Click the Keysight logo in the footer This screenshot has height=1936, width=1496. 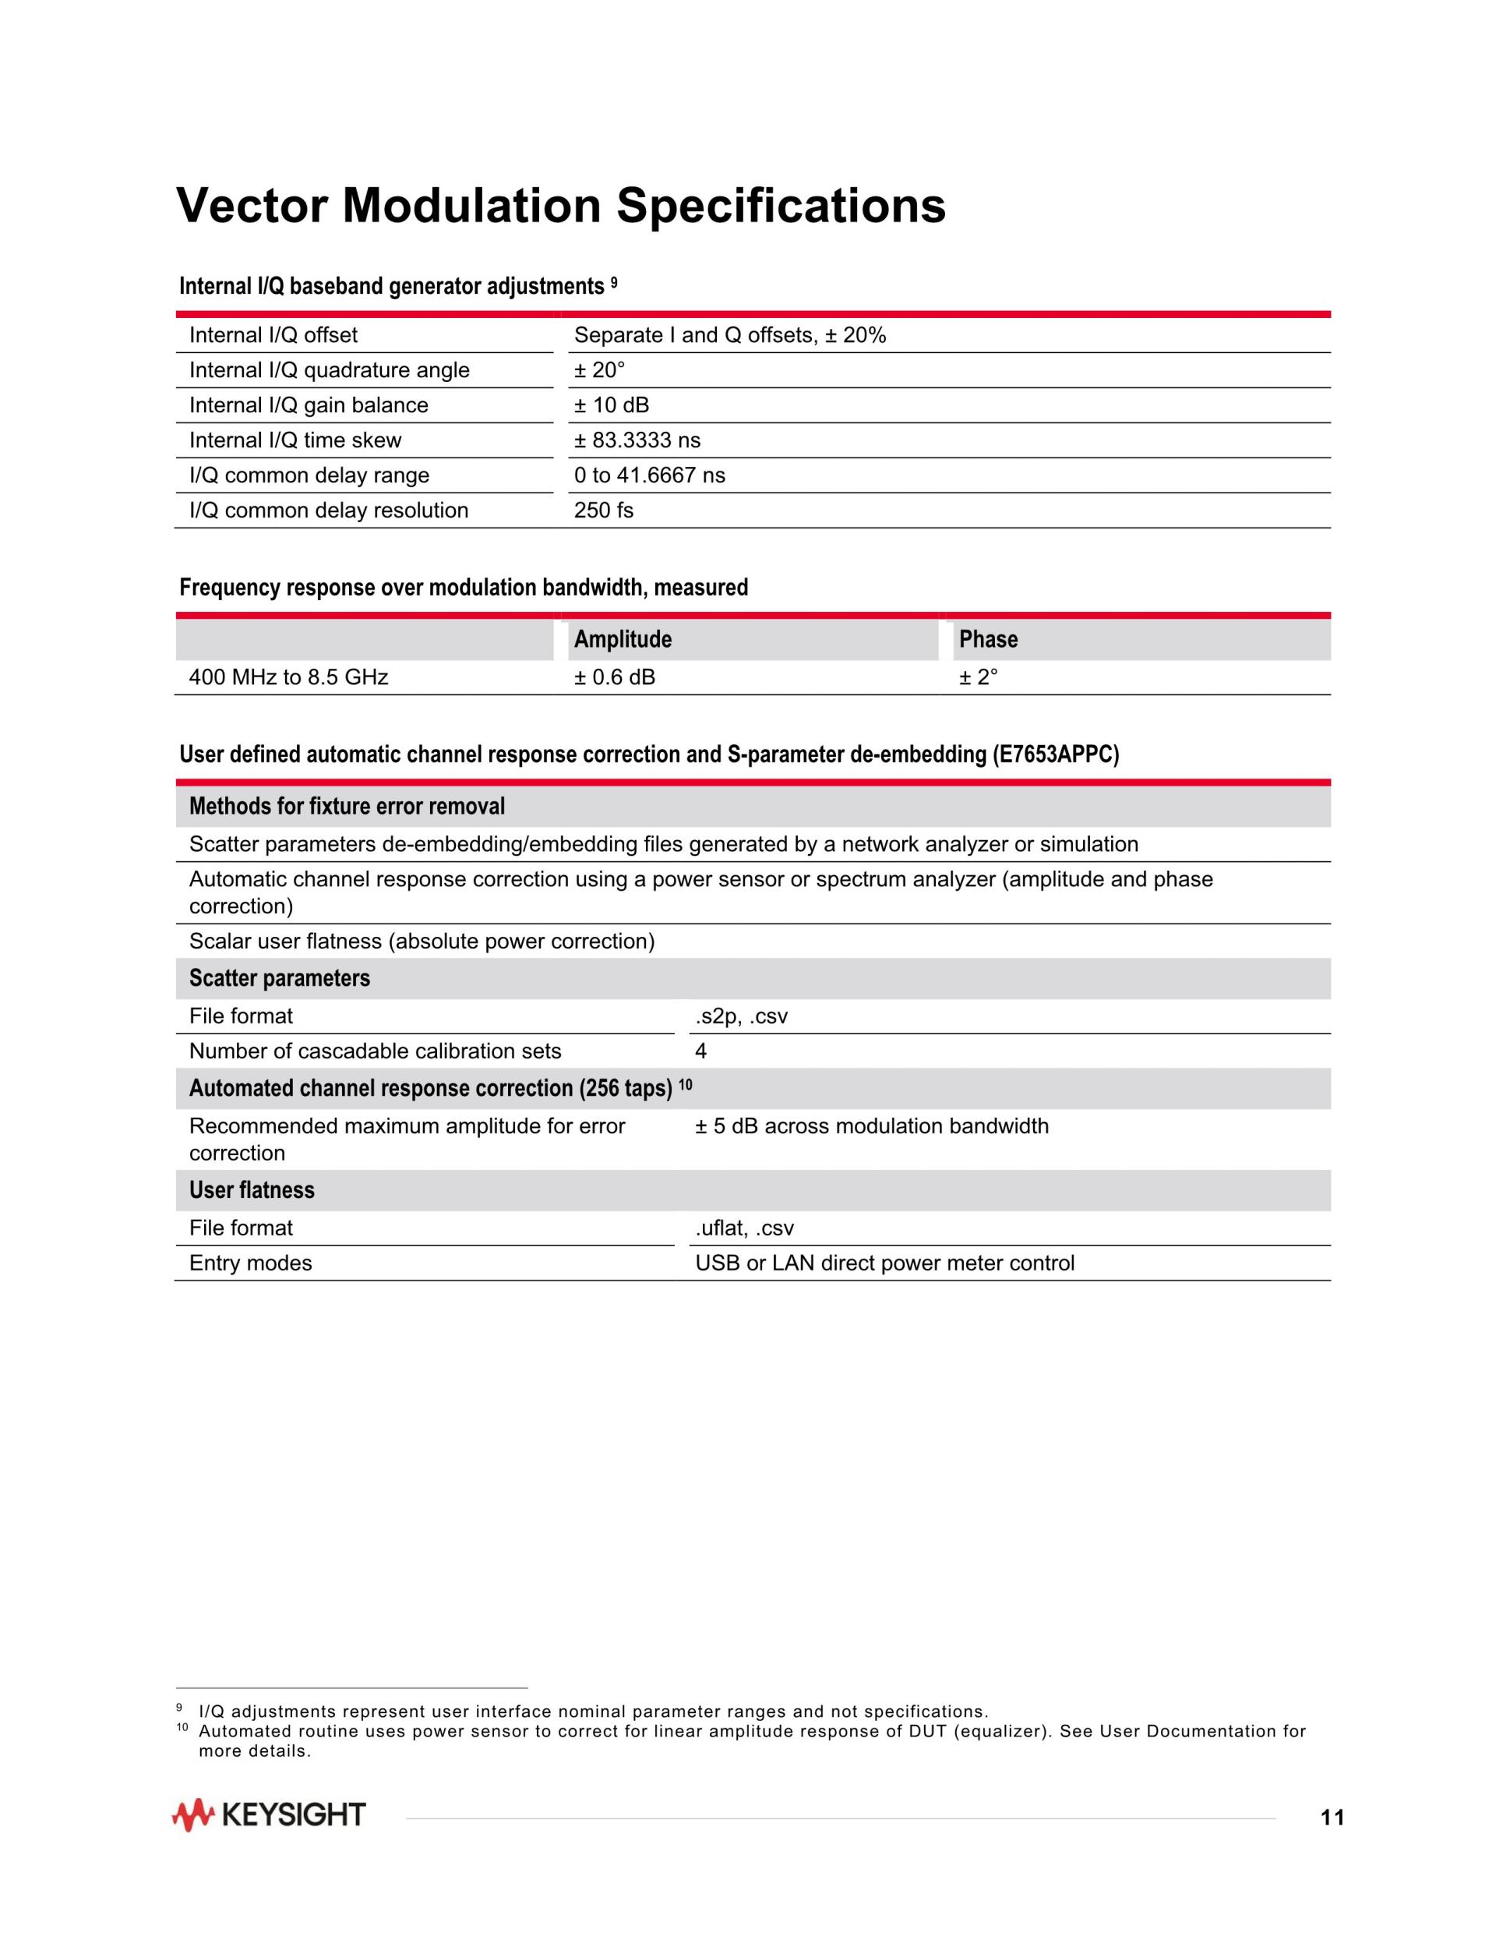click(269, 1815)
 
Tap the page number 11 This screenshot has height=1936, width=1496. click(1332, 1818)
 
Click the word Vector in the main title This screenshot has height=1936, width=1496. click(252, 206)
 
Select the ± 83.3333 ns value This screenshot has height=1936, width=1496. click(637, 440)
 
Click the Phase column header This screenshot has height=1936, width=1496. click(988, 639)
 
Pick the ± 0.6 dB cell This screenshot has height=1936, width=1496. click(614, 677)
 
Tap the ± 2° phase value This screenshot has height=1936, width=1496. click(978, 677)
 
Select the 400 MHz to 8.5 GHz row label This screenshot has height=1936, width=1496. click(288, 677)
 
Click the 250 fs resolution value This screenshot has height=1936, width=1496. click(604, 510)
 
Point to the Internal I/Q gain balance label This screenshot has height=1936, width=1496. click(309, 405)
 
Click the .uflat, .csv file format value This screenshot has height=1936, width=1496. click(744, 1228)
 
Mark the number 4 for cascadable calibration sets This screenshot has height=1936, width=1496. click(701, 1051)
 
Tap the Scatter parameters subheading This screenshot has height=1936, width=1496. click(279, 979)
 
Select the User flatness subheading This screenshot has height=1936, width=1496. click(252, 1189)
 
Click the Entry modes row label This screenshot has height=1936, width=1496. click(251, 1263)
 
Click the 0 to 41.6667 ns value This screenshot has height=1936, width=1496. click(650, 475)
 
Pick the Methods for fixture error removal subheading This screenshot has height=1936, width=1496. click(347, 807)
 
